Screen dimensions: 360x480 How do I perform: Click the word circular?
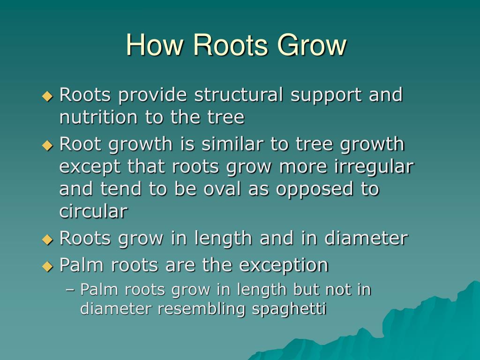pyautogui.click(x=93, y=211)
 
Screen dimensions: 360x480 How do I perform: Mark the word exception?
pyautogui.click(x=284, y=265)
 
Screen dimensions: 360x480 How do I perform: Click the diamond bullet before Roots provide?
pyautogui.click(x=47, y=96)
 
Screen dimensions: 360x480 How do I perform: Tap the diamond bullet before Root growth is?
pyautogui.click(x=47, y=145)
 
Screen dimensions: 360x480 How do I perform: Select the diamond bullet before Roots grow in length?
pyautogui.click(x=47, y=239)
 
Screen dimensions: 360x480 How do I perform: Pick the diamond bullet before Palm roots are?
pyautogui.click(x=47, y=266)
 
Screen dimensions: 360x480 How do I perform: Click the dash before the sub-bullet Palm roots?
pyautogui.click(x=71, y=290)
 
